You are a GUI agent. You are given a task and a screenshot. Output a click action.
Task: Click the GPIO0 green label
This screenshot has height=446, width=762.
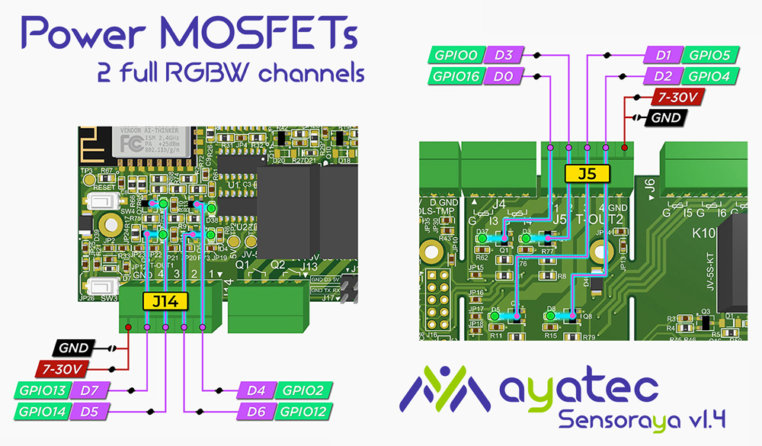[458, 55]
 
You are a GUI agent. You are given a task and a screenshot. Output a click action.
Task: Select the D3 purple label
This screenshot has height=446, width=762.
[503, 55]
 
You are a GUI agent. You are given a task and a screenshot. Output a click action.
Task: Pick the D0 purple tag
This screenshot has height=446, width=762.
[503, 75]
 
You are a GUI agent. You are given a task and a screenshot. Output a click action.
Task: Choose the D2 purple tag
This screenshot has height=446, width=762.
[663, 75]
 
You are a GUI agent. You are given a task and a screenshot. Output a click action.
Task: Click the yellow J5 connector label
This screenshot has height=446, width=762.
[587, 174]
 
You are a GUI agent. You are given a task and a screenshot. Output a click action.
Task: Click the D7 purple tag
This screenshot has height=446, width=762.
[90, 391]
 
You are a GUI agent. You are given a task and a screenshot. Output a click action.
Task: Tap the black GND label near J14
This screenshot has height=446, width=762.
[74, 348]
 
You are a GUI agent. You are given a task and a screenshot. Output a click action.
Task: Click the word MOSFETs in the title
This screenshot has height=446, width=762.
[258, 34]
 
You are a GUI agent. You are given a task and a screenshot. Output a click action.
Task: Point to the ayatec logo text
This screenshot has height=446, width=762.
[579, 389]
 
